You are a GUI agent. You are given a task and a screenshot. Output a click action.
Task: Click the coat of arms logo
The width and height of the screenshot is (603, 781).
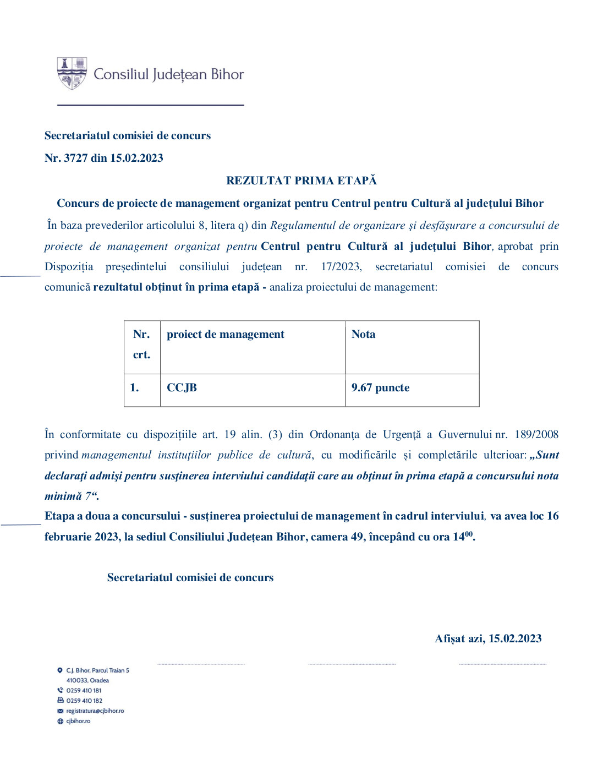[x=72, y=73]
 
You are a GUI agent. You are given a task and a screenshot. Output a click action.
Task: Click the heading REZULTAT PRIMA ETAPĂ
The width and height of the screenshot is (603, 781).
[x=301, y=181]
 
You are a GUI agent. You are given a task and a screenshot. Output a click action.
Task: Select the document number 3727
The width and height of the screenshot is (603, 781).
[x=76, y=159]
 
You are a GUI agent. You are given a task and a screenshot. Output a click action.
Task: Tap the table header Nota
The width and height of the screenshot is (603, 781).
[x=364, y=335]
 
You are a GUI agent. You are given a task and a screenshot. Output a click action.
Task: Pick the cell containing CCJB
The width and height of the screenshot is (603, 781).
[x=182, y=388]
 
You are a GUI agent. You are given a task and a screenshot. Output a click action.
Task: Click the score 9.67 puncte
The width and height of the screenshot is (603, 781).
[x=380, y=388]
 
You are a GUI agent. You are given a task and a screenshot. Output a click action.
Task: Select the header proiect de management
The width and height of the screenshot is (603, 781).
[x=226, y=335]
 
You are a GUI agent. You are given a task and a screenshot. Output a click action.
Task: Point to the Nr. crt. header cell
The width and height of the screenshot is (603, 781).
[x=141, y=345]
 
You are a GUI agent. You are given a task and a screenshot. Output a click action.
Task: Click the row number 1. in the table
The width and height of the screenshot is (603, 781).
[x=134, y=388]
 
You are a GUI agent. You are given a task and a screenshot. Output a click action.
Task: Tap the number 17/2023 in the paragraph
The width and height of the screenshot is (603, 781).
[x=341, y=267]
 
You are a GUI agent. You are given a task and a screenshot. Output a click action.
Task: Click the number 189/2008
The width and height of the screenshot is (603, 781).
[x=536, y=435]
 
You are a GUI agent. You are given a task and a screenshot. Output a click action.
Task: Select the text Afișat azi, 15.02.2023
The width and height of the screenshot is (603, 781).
[x=488, y=639]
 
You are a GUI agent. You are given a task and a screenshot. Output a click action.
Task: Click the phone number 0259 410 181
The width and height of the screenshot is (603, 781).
[x=84, y=691]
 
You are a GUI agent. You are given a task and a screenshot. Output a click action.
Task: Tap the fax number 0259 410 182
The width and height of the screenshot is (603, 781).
[x=84, y=701]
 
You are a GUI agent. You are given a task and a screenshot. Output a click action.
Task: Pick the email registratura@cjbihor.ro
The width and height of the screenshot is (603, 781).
[x=95, y=711]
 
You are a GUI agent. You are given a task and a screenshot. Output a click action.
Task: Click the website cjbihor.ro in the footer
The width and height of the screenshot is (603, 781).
[x=78, y=722]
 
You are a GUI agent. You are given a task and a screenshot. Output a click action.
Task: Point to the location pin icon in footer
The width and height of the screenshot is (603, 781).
[x=60, y=670]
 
